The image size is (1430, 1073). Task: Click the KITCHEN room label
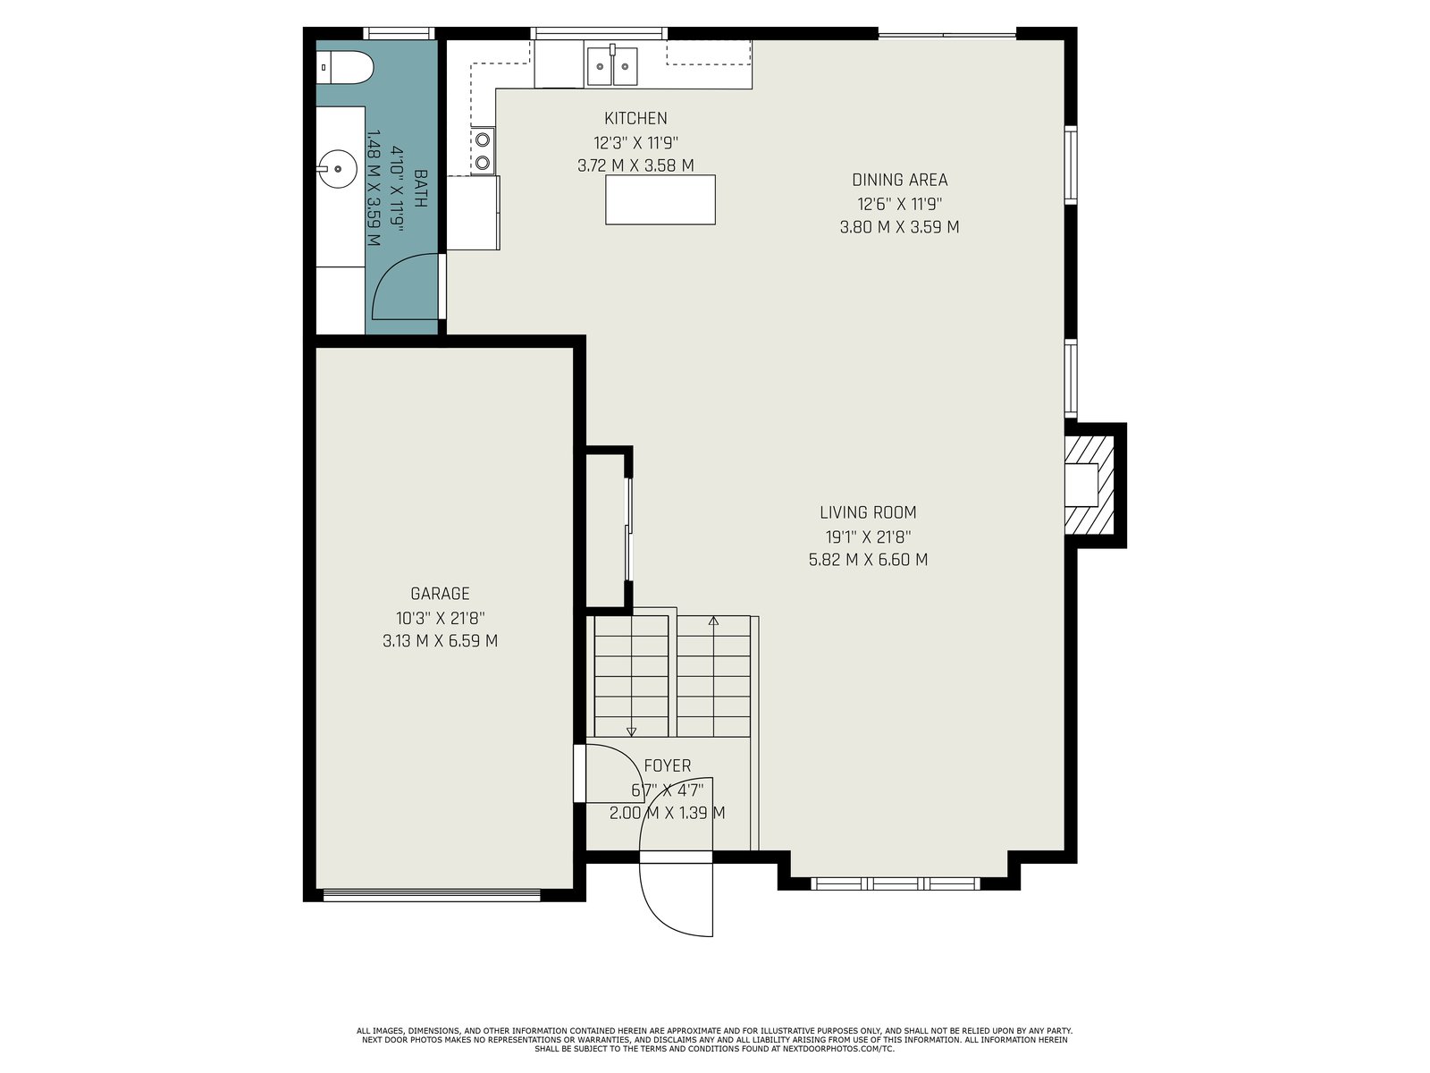pos(635,119)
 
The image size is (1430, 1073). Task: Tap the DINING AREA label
pos(899,180)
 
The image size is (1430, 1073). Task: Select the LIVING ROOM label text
pos(868,512)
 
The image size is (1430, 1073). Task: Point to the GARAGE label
pos(440,594)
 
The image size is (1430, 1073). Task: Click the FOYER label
pos(667,765)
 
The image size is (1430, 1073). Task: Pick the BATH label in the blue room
pos(421,189)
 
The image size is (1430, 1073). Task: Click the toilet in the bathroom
pos(345,68)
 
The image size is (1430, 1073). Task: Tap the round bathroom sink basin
pos(337,169)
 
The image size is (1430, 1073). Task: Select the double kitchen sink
pos(611,64)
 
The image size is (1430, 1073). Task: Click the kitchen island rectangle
pos(660,200)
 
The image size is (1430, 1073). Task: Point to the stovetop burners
pos(483,150)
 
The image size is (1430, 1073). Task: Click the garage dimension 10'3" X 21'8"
pos(440,618)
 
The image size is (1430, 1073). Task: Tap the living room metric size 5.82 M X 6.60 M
pos(868,560)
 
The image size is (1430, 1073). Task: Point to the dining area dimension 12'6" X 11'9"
pos(899,204)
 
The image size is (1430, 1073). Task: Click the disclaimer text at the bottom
pos(715,1040)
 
